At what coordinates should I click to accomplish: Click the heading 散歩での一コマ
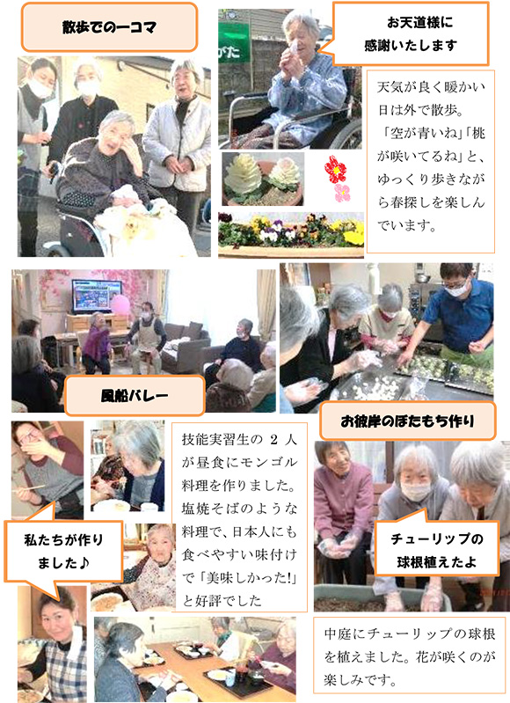109,27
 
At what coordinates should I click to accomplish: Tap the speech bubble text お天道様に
420,22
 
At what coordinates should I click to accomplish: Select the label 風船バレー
135,395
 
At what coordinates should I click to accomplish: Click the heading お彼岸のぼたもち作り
407,421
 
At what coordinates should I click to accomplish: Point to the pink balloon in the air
120,305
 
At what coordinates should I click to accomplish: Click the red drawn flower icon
336,169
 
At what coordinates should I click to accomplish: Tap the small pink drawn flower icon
342,193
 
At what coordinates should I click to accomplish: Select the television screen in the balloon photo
97,296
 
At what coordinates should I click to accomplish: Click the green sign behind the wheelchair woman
234,43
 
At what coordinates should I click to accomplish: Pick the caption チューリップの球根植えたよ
436,550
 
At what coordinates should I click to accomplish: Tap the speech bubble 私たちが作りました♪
63,551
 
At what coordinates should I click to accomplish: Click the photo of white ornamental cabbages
263,179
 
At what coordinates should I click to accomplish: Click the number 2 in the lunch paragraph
274,439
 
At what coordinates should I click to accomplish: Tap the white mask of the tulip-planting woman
416,491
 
